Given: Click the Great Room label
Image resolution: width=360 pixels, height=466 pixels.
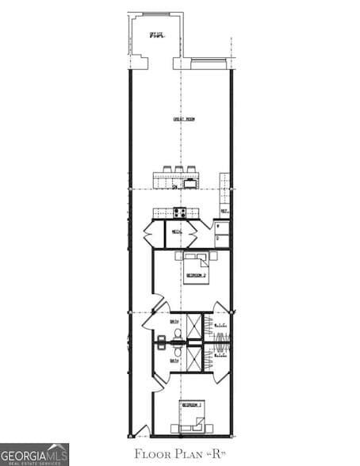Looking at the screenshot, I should click(x=184, y=119).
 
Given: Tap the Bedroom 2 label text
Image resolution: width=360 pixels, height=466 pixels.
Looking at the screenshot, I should click(x=195, y=275).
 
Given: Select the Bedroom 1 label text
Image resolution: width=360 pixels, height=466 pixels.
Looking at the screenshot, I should click(x=190, y=405).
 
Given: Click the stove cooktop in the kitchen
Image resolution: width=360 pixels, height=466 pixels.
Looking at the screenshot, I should click(x=180, y=212).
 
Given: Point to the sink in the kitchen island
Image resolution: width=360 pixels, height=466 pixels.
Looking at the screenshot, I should click(x=190, y=184).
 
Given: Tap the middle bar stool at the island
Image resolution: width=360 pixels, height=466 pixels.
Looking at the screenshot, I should click(x=179, y=169).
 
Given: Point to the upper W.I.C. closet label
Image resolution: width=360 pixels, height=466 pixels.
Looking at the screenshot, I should click(x=220, y=326).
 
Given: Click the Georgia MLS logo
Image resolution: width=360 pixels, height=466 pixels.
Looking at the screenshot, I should click(x=34, y=454).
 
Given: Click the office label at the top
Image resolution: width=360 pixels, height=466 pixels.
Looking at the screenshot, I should click(x=157, y=35).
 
